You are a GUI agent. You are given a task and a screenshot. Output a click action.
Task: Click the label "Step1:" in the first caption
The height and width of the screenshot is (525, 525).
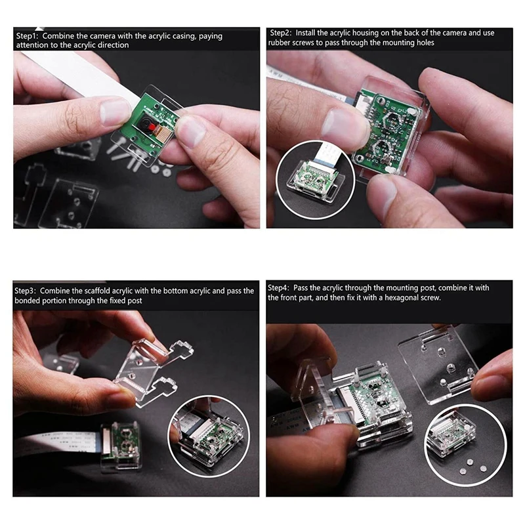point(28,35)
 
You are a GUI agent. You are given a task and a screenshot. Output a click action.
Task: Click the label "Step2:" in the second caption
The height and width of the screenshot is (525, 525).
point(281,32)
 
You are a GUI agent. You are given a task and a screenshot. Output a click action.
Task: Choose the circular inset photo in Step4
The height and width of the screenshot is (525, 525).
point(465,438)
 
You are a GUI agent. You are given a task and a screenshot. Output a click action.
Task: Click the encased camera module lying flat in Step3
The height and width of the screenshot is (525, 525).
point(121,447)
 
